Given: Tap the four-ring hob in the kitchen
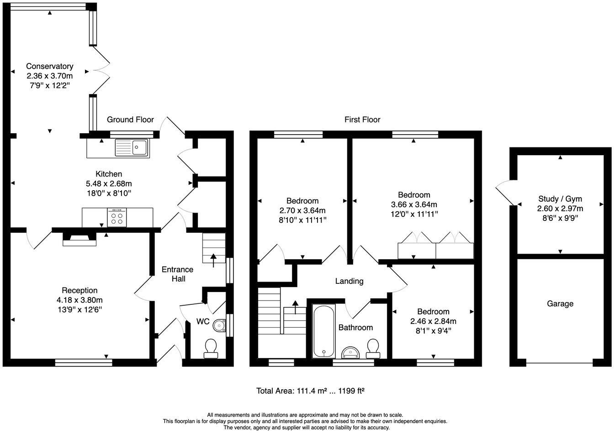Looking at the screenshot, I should pos(117,217).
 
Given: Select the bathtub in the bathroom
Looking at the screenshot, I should pos(324,331).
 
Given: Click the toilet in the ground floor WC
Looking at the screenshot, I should pos(211,348).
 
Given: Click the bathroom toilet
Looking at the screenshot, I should pos(373,348).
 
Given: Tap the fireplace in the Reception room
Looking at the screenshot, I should pos(79,239).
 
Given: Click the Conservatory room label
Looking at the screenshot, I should pos(49,66).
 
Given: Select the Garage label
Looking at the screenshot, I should pos(560,303).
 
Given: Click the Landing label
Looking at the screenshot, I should pos(349,281).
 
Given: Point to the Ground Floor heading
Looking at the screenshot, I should pos(130,120).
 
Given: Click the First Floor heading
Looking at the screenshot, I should pos(362,120).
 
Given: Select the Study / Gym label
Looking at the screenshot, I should pos(561,198).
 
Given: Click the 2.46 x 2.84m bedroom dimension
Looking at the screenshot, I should pos(433,321).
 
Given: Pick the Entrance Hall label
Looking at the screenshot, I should pos(177,274).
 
